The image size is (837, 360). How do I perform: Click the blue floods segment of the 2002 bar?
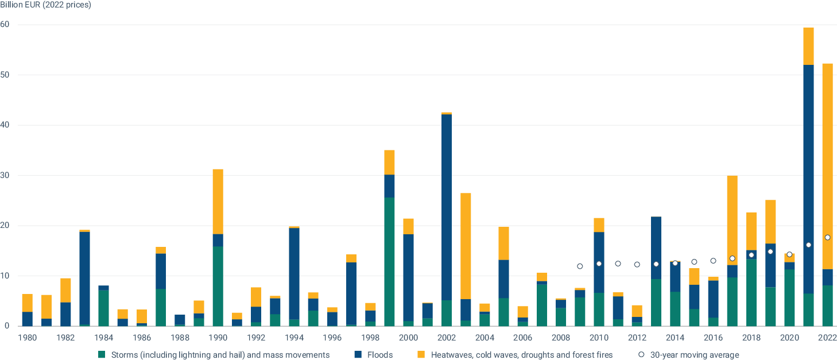[x=447, y=207]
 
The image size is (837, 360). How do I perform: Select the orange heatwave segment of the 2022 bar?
[x=827, y=167]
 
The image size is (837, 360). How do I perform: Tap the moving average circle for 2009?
[x=580, y=266]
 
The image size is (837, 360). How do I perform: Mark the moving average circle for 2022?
[x=827, y=237]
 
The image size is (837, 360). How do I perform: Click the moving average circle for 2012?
[x=637, y=264]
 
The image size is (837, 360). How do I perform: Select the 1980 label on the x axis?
[x=28, y=338]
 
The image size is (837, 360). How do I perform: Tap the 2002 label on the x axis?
[x=447, y=338]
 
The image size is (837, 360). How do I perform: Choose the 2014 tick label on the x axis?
[x=675, y=338]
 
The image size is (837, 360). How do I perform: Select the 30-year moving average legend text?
[x=695, y=355]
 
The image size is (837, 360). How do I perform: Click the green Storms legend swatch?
[x=102, y=355]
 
